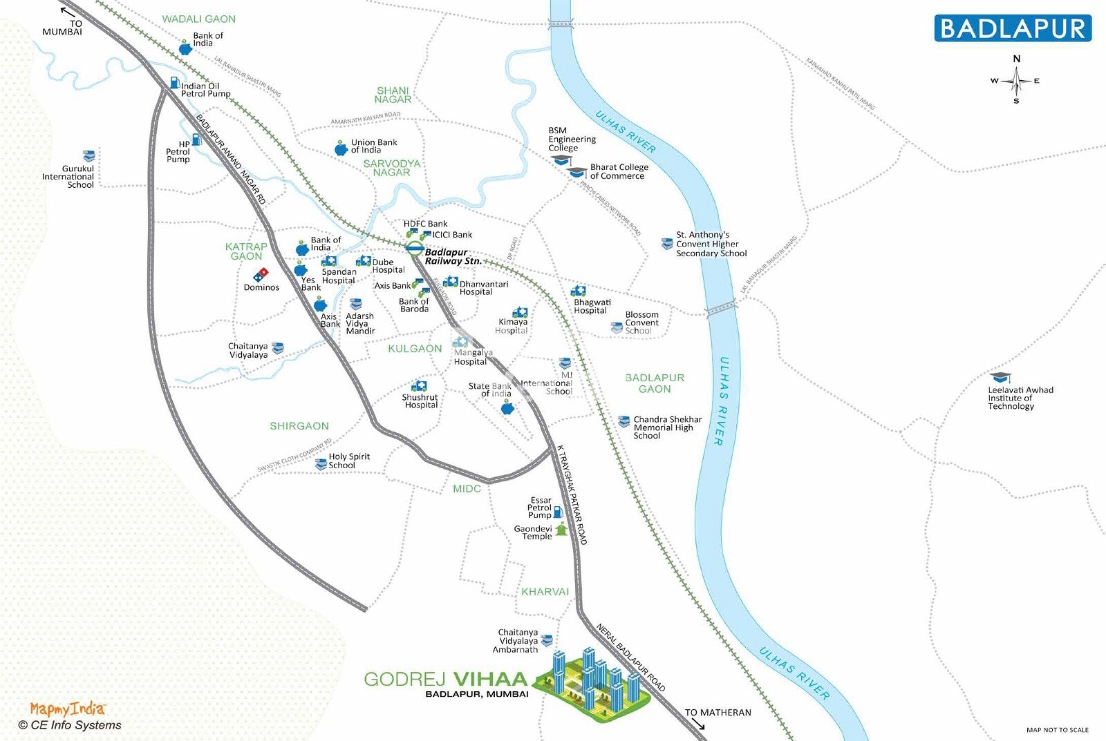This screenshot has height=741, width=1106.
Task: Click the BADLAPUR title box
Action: tap(1013, 28)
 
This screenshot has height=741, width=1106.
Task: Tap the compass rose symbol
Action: tap(1016, 81)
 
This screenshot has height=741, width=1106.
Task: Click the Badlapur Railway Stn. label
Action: tap(453, 257)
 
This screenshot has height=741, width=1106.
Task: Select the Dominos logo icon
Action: tap(261, 275)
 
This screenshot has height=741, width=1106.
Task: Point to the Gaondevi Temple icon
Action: tap(561, 530)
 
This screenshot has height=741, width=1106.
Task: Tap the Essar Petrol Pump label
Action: tap(540, 508)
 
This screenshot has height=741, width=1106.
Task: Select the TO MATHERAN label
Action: tap(718, 713)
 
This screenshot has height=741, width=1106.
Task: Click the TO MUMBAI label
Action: tap(63, 28)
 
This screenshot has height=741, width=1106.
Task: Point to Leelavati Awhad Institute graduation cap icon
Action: tap(1000, 378)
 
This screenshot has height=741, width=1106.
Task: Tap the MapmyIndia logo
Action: tap(67, 709)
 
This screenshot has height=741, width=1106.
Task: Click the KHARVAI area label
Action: tap(545, 592)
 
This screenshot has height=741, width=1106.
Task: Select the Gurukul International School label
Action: tap(68, 177)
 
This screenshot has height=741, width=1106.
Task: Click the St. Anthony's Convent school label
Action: tap(711, 244)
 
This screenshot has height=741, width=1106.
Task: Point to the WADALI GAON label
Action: tap(198, 19)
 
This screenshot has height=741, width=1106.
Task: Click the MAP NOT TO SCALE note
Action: tap(1057, 730)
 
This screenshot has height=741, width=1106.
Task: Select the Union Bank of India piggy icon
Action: tap(341, 148)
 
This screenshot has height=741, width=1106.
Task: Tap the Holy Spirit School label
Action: tap(348, 461)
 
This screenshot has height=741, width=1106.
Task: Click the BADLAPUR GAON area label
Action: tap(654, 383)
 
